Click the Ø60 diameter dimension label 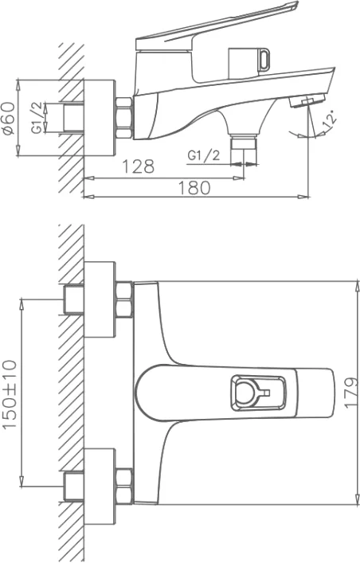9,118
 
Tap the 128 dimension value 139,166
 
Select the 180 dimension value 194,188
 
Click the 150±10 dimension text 10,394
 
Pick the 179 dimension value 351,392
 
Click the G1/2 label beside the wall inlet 37,118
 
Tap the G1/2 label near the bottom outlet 203,155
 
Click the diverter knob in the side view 249,61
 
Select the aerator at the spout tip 307,100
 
